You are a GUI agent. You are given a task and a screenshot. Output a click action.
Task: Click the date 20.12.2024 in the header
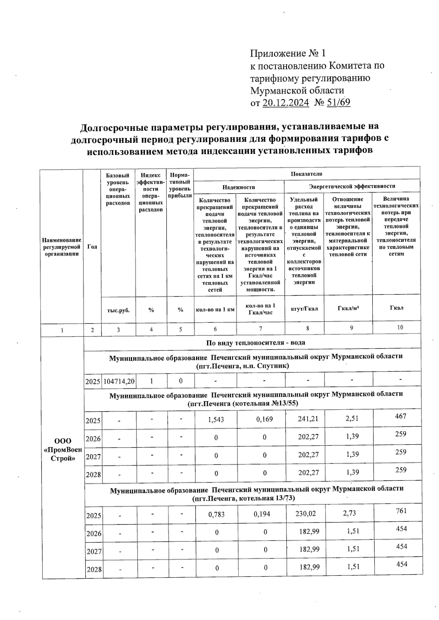pyautogui.click(x=286, y=102)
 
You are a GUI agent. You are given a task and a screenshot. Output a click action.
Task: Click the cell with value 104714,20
pyautogui.click(x=119, y=381)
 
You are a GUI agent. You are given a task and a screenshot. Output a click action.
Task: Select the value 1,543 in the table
pyautogui.click(x=216, y=419)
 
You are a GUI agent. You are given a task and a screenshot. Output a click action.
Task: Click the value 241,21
pyautogui.click(x=308, y=418)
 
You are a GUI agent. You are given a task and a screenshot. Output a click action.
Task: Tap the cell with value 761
pyautogui.click(x=401, y=511)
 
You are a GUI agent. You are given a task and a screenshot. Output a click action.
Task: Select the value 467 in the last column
pyautogui.click(x=401, y=416)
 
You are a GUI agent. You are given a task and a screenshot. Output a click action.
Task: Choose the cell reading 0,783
pyautogui.click(x=216, y=514)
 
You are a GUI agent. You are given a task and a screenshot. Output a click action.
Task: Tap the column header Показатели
pyautogui.click(x=306, y=174)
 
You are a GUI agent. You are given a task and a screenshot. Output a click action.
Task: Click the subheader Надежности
pyautogui.click(x=239, y=187)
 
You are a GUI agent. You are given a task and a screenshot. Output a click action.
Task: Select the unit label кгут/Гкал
pyautogui.click(x=304, y=308)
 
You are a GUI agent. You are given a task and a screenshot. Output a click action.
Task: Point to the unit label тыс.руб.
pyautogui.click(x=118, y=310)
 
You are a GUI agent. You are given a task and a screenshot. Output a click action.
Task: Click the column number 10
pyautogui.click(x=400, y=327)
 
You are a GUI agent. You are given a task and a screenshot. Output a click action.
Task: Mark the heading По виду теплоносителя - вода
pyautogui.click(x=256, y=343)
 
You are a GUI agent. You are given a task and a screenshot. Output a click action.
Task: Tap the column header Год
pyautogui.click(x=92, y=247)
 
